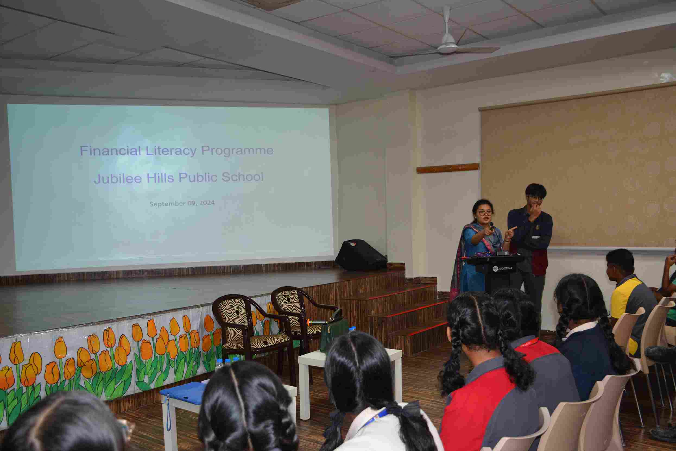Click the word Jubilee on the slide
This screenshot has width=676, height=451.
pos(118,178)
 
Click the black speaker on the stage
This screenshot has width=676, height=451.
pos(360,255)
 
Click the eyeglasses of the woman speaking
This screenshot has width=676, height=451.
pos(485,213)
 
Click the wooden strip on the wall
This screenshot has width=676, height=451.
pos(448,168)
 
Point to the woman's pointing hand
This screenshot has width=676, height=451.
pos(488,231)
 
